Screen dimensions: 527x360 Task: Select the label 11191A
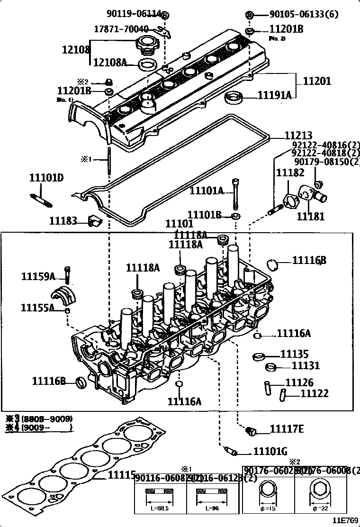click(x=274, y=95)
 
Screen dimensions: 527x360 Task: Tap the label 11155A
click(x=37, y=308)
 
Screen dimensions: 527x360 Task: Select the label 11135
click(x=294, y=354)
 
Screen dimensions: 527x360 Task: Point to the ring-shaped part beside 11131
click(x=271, y=367)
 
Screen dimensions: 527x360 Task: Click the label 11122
click(x=315, y=393)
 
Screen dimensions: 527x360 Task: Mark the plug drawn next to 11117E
click(x=252, y=431)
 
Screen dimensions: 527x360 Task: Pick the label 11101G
click(x=270, y=452)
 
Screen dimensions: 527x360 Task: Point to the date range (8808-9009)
click(x=47, y=418)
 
